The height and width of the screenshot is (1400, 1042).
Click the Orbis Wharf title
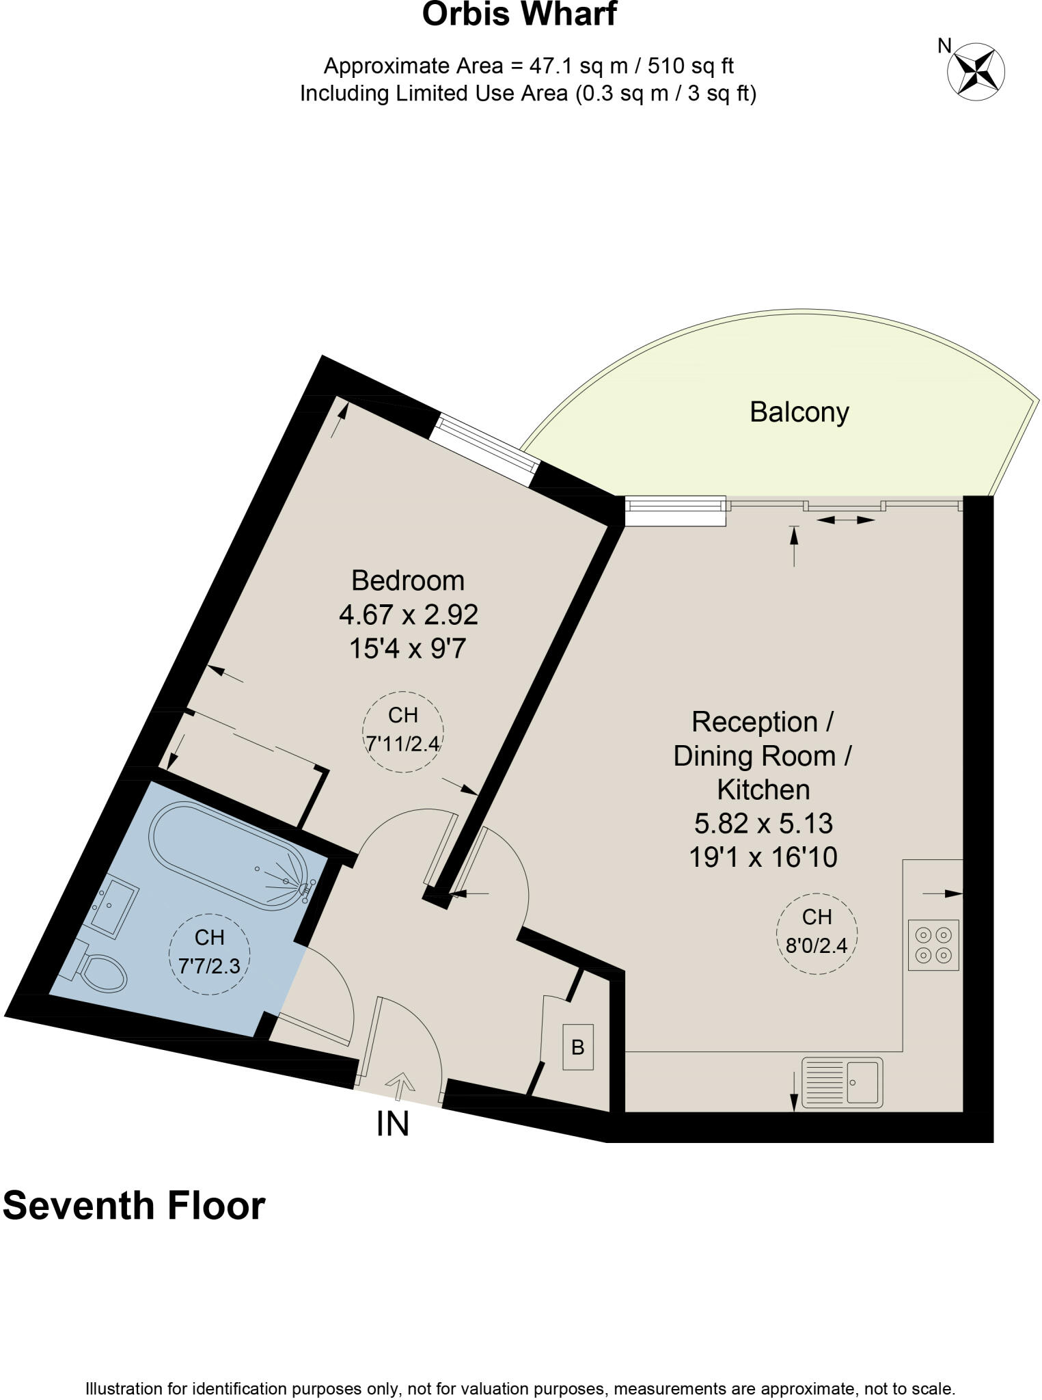pos(519,14)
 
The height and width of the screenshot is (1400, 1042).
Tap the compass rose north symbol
pos(975,68)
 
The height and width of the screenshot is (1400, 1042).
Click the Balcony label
pos(799,412)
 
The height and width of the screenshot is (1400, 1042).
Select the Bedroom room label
pos(408,580)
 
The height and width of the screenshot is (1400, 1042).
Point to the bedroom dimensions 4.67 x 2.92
pos(408,614)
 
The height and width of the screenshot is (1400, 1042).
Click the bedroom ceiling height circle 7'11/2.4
pos(403,731)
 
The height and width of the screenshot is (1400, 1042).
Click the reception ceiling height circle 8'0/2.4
pos(817,934)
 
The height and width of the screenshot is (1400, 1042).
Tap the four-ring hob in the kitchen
pos(933,945)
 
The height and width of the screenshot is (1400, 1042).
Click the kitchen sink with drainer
pos(842,1082)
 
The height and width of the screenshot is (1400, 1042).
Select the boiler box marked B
pos(577,1047)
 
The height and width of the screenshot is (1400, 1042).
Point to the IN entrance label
pos(393,1125)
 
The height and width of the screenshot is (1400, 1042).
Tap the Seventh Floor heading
pos(134,1206)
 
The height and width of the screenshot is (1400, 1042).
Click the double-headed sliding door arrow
pos(845,520)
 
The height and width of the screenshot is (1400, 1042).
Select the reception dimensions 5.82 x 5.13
pos(763,823)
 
